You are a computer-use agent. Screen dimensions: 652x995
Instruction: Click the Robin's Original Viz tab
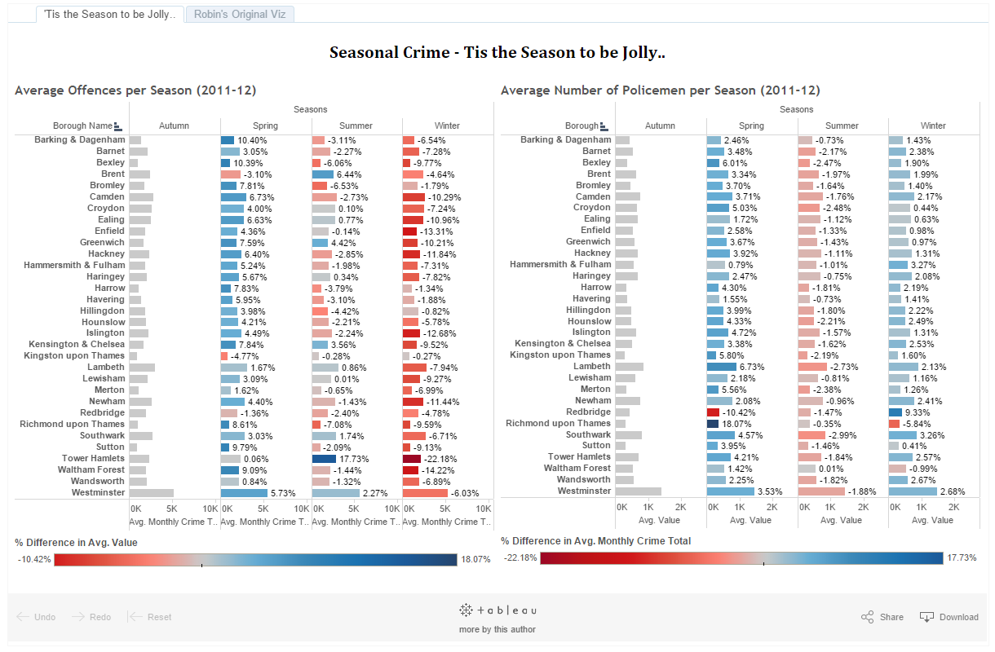pyautogui.click(x=240, y=15)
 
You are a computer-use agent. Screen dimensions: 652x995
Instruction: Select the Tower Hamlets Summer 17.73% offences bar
pyautogui.click(x=324, y=459)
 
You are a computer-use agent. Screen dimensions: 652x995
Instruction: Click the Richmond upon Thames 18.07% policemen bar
pyautogui.click(x=713, y=424)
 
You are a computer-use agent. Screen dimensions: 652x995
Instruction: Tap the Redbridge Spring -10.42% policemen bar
pyautogui.click(x=713, y=412)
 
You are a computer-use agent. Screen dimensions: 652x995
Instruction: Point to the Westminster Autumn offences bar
pyautogui.click(x=152, y=493)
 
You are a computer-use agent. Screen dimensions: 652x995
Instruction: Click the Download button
pyautogui.click(x=949, y=617)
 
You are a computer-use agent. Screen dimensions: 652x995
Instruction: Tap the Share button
pyautogui.click(x=882, y=617)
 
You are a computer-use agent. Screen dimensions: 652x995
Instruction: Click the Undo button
pyautogui.click(x=37, y=617)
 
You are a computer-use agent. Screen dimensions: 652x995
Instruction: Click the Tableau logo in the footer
pyautogui.click(x=497, y=610)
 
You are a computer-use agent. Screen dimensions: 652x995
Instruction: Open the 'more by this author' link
pyautogui.click(x=497, y=629)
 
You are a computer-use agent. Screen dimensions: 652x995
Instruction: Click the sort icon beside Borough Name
pyautogui.click(x=118, y=126)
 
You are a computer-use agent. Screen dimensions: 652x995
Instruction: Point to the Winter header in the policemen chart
pyautogui.click(x=933, y=126)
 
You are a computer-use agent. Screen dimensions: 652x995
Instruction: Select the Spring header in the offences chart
pyautogui.click(x=265, y=126)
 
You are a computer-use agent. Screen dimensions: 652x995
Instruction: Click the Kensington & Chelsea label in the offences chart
pyautogui.click(x=77, y=344)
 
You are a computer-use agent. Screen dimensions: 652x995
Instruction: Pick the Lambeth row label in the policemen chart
pyautogui.click(x=592, y=366)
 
